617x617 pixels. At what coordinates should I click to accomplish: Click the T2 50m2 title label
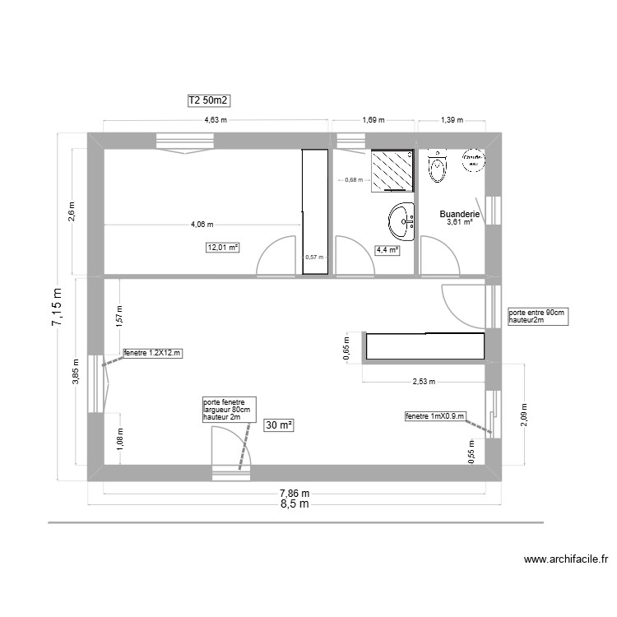click(208, 100)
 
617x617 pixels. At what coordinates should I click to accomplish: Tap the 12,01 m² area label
click(222, 247)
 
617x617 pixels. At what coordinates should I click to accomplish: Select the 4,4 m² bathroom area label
click(387, 250)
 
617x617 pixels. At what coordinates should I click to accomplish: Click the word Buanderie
click(459, 213)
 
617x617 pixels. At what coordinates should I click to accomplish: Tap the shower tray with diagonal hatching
click(392, 169)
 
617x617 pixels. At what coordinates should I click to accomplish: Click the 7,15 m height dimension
click(57, 308)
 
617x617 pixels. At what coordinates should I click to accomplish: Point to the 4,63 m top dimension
click(216, 120)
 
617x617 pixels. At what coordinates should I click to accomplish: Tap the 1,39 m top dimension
click(452, 120)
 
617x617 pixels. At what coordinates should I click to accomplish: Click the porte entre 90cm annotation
click(537, 317)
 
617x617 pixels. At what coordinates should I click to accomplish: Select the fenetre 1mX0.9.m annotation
click(435, 417)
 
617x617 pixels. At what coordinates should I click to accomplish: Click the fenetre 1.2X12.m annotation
click(152, 353)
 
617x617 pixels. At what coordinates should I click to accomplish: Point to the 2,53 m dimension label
click(423, 382)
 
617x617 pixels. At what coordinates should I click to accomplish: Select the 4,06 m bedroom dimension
click(202, 224)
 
